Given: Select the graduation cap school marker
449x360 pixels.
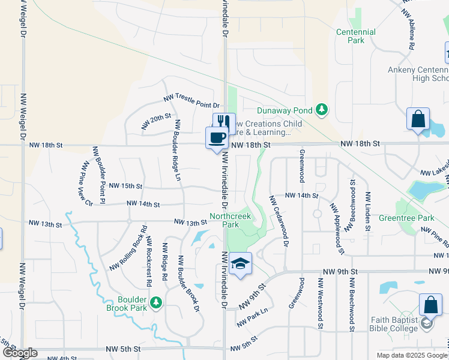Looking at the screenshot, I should tap(240, 264).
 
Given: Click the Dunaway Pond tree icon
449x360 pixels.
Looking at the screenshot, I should tap(323, 109).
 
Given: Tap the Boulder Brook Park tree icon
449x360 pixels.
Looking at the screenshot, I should tap(156, 302).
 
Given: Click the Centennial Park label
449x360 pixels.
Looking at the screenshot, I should tap(356, 36).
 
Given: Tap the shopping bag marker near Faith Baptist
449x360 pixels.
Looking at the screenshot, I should tap(430, 305).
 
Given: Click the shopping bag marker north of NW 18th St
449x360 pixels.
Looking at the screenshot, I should tap(418, 119).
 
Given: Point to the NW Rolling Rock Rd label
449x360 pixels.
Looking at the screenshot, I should tap(128, 248).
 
